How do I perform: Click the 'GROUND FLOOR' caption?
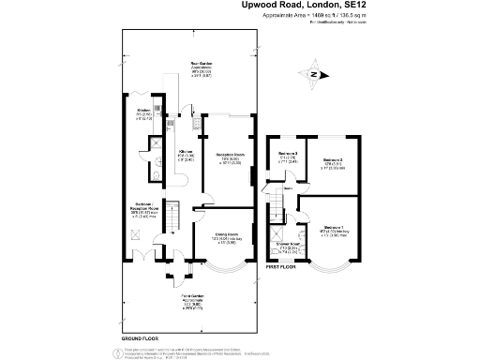[x=140, y=335]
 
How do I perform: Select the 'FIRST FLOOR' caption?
[x=281, y=266]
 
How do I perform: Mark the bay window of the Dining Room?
[x=223, y=270]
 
